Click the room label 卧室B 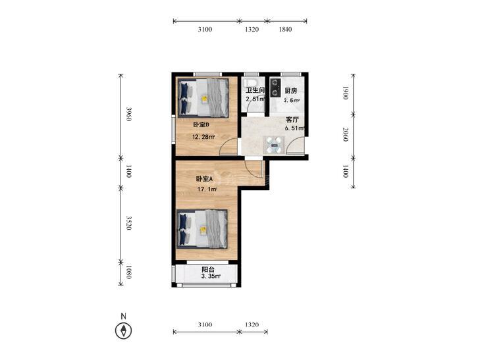tap(201, 125)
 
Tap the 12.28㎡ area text tap(203, 137)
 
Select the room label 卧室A tap(204, 178)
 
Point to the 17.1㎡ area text tap(207, 190)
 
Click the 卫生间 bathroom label tap(255, 91)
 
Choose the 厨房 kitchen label tap(291, 91)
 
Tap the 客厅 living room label tap(292, 120)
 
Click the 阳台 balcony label tap(208, 270)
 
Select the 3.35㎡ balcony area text tap(211, 276)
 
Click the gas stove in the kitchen tap(275, 88)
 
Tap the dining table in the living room tap(274, 145)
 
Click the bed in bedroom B tap(203, 98)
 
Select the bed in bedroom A tap(202, 229)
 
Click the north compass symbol tap(123, 330)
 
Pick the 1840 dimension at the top tap(285, 30)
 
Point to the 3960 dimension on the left tap(129, 114)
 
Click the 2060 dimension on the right tap(345, 134)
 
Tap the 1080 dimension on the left tap(129, 272)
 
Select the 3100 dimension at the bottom tap(205, 324)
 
